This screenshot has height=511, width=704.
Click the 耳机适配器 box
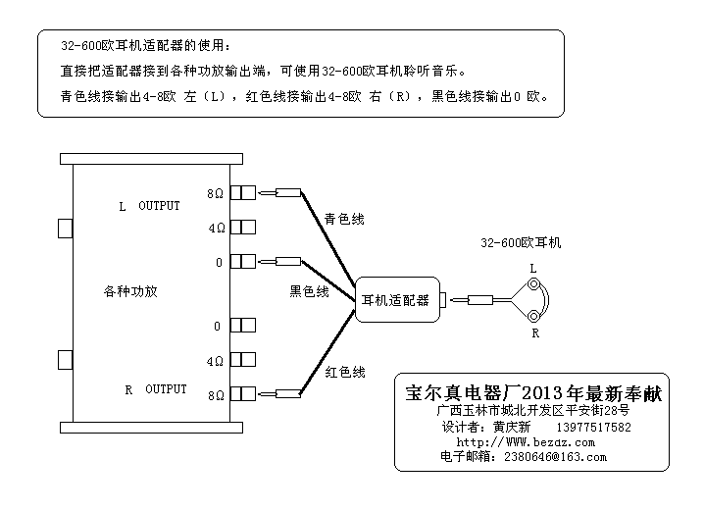395,300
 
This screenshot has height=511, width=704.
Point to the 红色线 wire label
345,372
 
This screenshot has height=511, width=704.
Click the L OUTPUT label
149,207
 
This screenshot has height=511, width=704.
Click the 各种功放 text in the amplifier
130,291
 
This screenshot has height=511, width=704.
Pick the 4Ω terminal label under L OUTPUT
216,229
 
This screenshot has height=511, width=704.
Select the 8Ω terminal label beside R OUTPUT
216,395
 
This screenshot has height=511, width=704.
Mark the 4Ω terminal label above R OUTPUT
216,362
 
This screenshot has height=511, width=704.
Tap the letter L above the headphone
533,267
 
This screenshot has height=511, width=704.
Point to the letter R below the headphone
535,333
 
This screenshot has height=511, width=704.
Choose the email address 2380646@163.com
555,456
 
